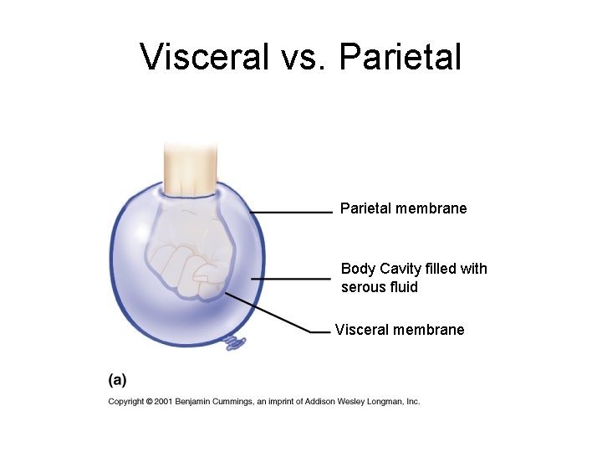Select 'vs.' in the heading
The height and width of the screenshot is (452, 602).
point(298,57)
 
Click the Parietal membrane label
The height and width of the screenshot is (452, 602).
point(403,208)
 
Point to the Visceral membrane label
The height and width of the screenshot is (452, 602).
point(399,330)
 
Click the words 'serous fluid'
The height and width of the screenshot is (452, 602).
point(379,287)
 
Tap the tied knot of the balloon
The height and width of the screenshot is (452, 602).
point(235,343)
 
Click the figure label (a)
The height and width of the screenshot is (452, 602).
point(117,380)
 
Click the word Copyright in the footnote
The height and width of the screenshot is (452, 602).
point(125,402)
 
